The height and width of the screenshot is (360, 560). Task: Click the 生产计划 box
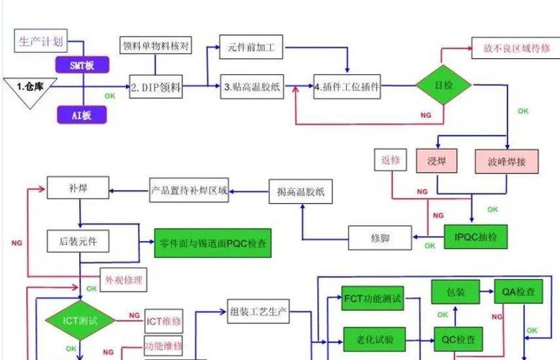pyautogui.click(x=40, y=41)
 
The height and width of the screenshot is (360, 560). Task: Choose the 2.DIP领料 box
pyautogui.click(x=156, y=89)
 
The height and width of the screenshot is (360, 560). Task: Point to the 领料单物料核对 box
pyautogui.click(x=155, y=45)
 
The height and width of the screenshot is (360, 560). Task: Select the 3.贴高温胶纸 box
pyautogui.click(x=252, y=89)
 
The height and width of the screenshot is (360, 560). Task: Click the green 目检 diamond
pyautogui.click(x=443, y=85)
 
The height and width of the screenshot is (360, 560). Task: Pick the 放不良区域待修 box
pyautogui.click(x=512, y=48)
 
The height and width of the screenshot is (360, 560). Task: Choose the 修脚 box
pyautogui.click(x=379, y=235)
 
